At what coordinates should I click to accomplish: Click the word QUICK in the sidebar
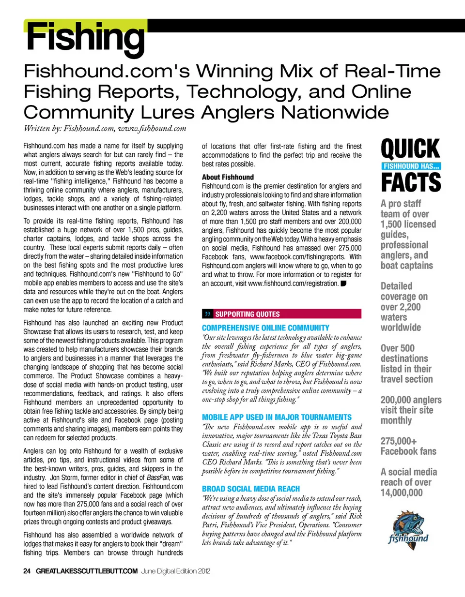point(410,149)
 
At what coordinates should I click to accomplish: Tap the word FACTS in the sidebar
point(411,182)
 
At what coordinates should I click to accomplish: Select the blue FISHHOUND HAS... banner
point(411,166)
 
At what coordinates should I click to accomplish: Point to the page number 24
point(27,571)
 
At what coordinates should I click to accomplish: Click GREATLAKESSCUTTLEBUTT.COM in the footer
point(87,571)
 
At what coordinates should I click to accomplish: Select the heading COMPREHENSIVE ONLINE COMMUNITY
point(265,328)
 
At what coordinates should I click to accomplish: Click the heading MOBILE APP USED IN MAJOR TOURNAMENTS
point(277,417)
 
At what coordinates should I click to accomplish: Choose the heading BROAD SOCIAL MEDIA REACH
point(251,489)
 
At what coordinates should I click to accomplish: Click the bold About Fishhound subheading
point(228,177)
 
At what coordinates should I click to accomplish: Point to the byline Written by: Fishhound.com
point(105,128)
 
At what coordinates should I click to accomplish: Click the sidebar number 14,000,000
point(402,493)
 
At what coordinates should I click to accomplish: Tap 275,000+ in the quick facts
point(399,441)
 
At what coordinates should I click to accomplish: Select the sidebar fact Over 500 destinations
point(404,353)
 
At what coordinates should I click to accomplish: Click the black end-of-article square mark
point(343,284)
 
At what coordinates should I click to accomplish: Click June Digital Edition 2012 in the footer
point(176,571)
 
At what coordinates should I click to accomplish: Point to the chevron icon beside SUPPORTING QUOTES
point(208,314)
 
